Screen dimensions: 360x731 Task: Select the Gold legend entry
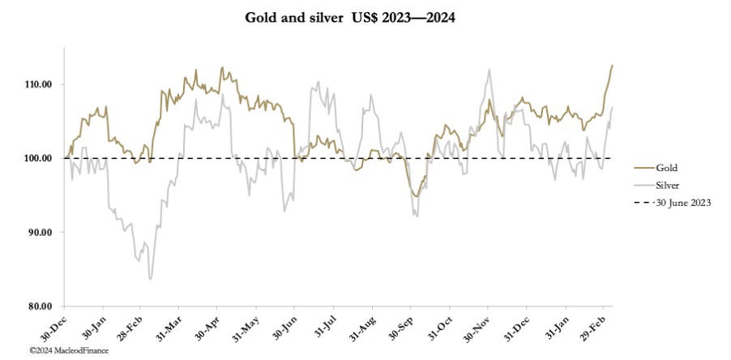pos(666,168)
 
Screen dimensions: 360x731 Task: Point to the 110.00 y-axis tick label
pos(38,84)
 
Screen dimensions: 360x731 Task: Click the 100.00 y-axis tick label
pos(38,158)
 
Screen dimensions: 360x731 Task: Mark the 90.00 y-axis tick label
pos(40,232)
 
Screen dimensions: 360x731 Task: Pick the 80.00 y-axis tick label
pos(40,306)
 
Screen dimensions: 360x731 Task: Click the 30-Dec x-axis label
pos(55,326)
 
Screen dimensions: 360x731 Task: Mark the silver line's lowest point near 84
pos(151,279)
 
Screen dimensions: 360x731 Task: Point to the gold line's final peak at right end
pos(613,65)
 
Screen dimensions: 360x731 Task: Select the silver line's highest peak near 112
pos(489,70)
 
